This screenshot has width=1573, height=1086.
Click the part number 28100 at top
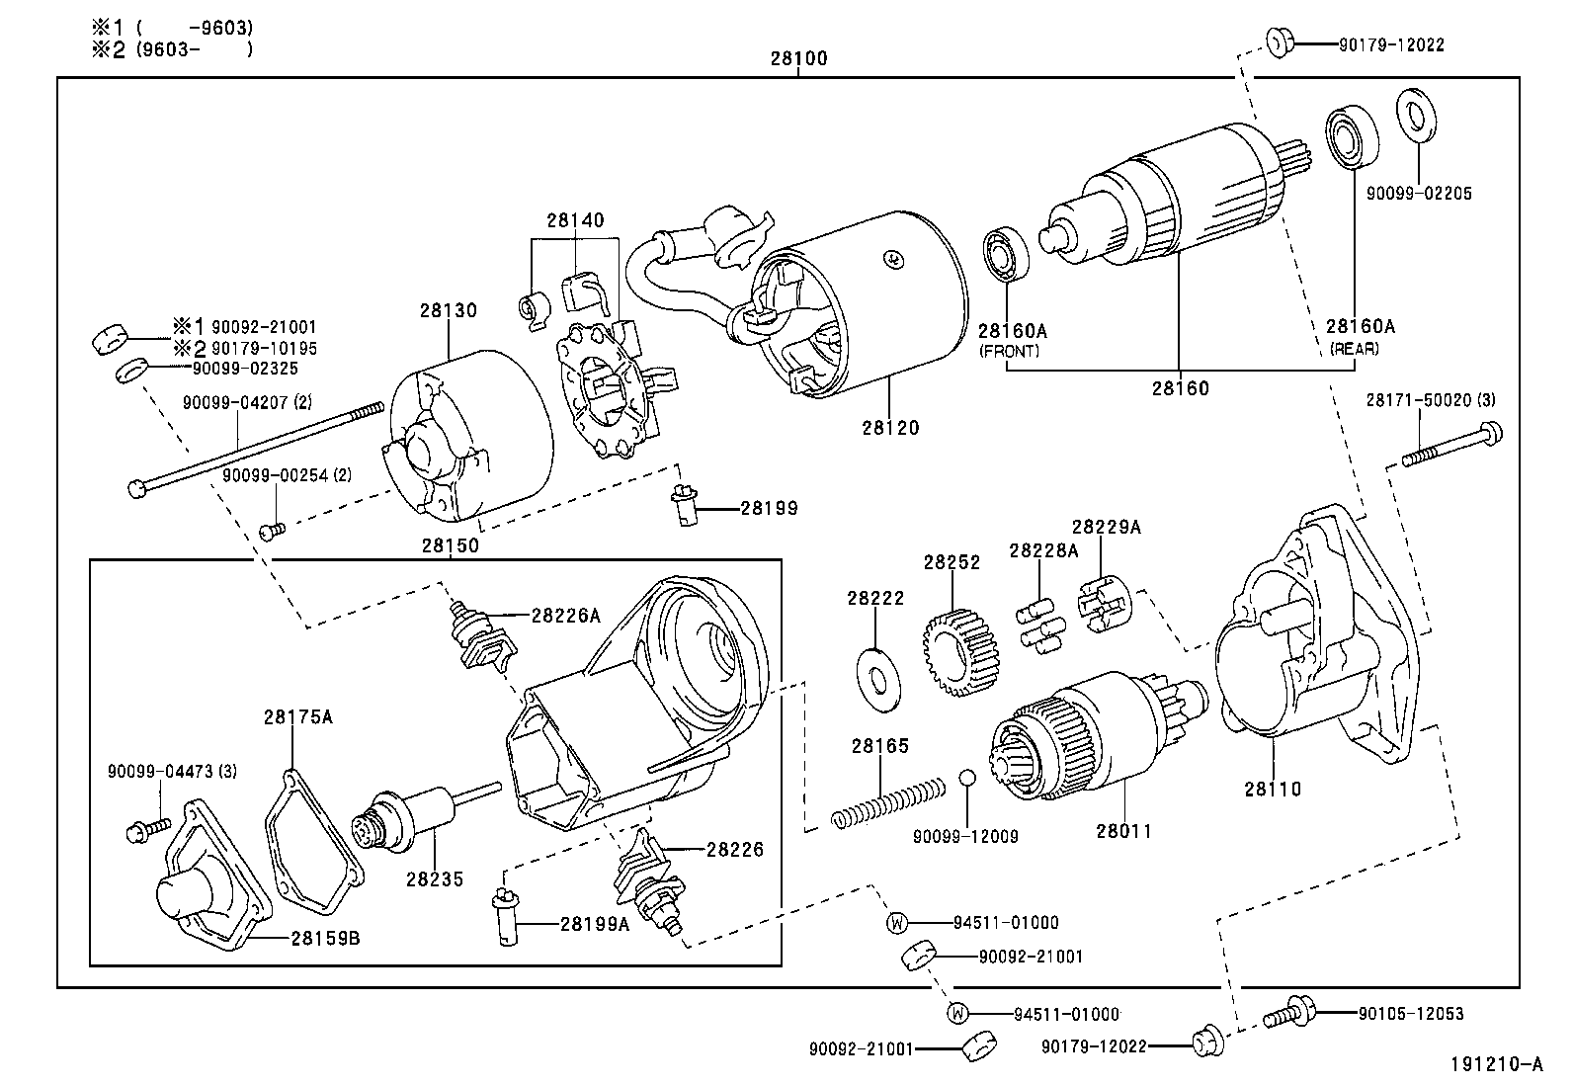pyautogui.click(x=798, y=58)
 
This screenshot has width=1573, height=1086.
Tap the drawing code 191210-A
pyautogui.click(x=1496, y=1064)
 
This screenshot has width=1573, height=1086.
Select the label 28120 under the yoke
pyautogui.click(x=889, y=428)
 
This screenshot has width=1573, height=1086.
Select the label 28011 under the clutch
pyautogui.click(x=1123, y=831)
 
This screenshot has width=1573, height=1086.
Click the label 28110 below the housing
pyautogui.click(x=1273, y=789)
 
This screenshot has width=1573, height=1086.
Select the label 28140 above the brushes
pyautogui.click(x=575, y=220)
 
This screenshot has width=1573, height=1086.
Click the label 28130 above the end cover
pyautogui.click(x=448, y=310)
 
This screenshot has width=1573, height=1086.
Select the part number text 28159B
pyautogui.click(x=325, y=938)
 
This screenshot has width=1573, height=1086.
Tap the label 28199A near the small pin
pyautogui.click(x=594, y=924)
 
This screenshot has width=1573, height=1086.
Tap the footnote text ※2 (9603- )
pyautogui.click(x=172, y=48)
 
